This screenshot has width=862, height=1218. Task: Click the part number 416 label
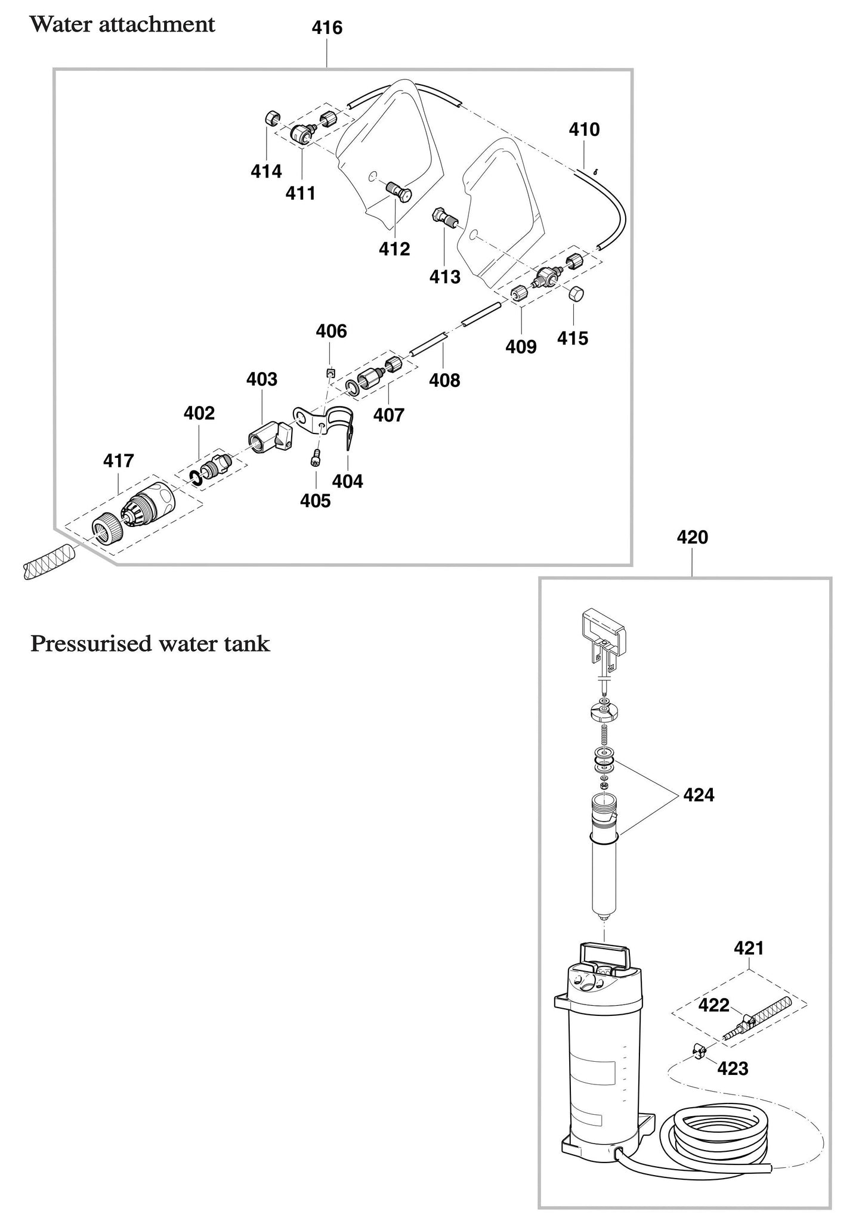coord(327,28)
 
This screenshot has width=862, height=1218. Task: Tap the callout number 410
coord(583,130)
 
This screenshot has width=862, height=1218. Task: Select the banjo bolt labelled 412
coord(395,191)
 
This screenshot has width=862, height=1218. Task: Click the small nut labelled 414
coord(272,119)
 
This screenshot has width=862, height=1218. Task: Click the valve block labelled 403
coord(268,436)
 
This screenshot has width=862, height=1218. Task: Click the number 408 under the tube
coord(444,380)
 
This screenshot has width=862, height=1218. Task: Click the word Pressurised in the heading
coord(88,644)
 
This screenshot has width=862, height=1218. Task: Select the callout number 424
coord(698,795)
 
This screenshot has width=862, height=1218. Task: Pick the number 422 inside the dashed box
coord(713,1006)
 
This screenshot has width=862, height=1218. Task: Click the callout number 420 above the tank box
coord(692,537)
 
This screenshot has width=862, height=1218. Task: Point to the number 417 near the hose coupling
coord(118,460)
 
